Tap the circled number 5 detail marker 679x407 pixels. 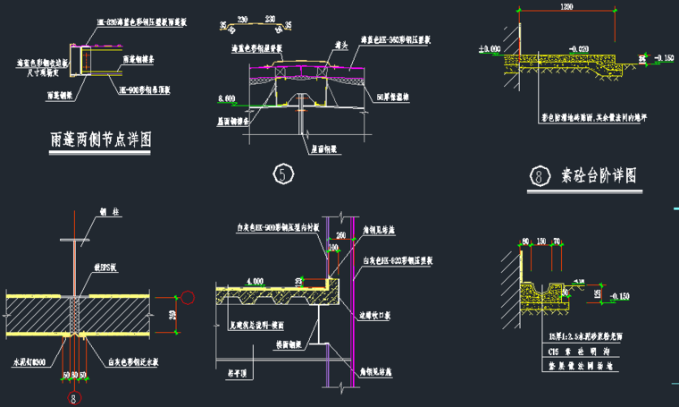(x=283, y=174)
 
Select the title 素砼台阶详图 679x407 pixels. (x=598, y=175)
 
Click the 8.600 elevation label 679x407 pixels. (x=225, y=98)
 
